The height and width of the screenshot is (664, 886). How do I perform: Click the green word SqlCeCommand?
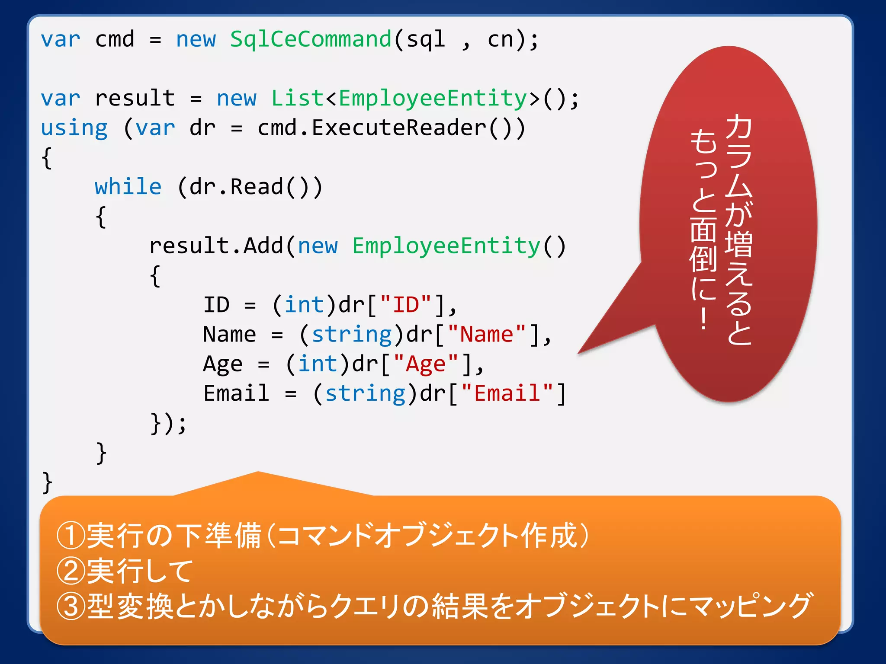(x=311, y=40)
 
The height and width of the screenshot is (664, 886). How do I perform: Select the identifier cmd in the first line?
(x=115, y=40)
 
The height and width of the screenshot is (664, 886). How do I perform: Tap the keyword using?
(x=74, y=128)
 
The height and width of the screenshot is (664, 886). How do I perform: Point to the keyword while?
(x=128, y=187)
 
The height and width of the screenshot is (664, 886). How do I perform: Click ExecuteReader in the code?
(x=399, y=128)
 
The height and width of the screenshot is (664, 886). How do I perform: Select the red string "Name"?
(x=486, y=335)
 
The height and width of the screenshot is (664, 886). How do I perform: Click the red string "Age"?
(x=426, y=364)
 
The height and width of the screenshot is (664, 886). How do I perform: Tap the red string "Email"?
(x=507, y=393)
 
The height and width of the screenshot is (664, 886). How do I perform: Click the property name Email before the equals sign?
(x=236, y=393)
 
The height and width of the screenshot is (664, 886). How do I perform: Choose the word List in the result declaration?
(x=297, y=99)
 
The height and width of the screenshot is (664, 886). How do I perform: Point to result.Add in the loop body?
(x=216, y=246)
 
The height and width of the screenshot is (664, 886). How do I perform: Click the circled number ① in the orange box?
(x=70, y=535)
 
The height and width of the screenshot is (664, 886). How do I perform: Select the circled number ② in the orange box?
(x=70, y=571)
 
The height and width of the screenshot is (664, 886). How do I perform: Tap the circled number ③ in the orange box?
(x=70, y=606)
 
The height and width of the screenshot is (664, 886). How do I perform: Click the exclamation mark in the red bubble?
(x=704, y=319)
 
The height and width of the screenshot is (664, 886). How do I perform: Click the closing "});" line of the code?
(x=168, y=423)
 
